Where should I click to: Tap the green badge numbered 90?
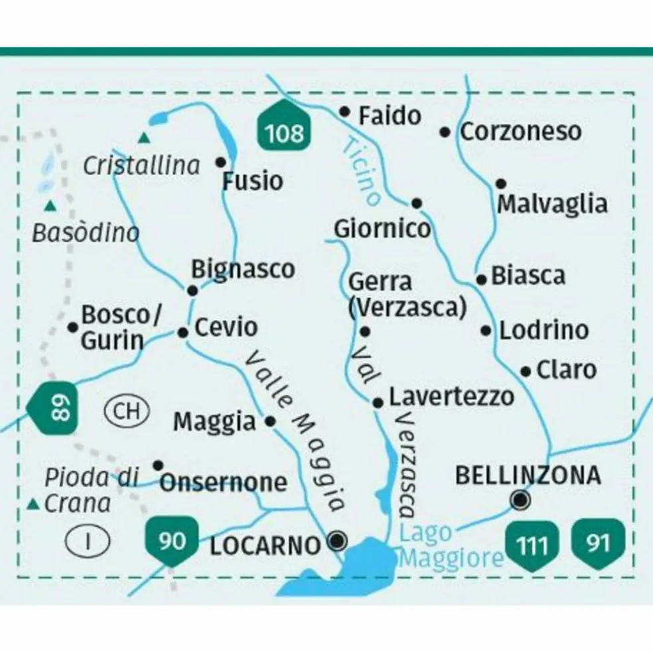[173, 541]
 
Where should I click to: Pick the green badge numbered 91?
[598, 542]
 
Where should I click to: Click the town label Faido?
[390, 116]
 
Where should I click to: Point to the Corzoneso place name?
[520, 131]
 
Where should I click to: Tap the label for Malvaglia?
[552, 204]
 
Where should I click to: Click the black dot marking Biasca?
[482, 279]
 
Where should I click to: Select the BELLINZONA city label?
[528, 475]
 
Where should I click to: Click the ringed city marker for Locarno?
[338, 542]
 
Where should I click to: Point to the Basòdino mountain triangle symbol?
[48, 206]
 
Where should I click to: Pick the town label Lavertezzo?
[451, 397]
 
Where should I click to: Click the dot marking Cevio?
[184, 332]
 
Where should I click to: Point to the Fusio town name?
[252, 181]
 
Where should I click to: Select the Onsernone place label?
[224, 482]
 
